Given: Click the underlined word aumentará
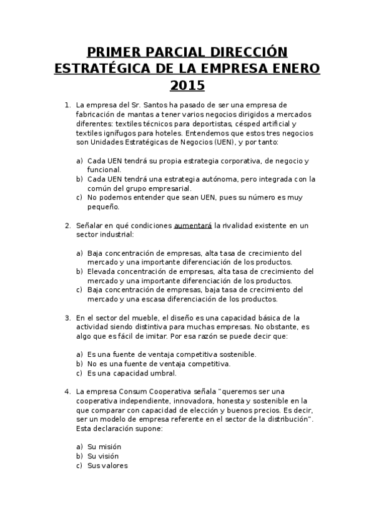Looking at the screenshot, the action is point(192,225).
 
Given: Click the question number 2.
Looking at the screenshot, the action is point(67,225).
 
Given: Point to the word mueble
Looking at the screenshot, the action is point(140,318).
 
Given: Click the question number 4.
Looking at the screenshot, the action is point(67,391).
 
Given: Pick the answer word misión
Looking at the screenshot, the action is point(110,447).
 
